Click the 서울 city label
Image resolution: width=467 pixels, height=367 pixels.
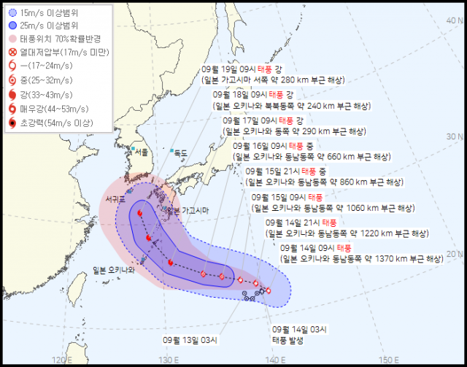[x=141, y=152]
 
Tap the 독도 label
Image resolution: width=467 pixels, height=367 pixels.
[x=180, y=152]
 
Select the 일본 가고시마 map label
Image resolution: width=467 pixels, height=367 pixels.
[x=188, y=210]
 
